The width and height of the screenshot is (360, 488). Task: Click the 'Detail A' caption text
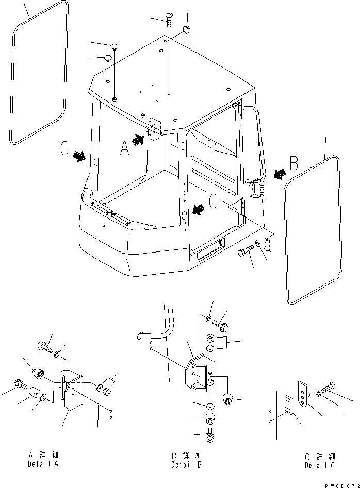[x=43, y=464]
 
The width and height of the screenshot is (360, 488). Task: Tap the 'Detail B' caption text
[x=186, y=465]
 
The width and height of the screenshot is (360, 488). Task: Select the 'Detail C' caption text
[x=320, y=466]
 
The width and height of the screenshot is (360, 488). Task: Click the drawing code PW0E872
[x=342, y=485]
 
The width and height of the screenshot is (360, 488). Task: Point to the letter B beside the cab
[x=294, y=163]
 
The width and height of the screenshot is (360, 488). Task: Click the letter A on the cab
[x=125, y=148]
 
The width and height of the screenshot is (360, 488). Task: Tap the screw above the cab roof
[x=169, y=19]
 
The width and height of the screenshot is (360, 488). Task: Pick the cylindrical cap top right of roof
[x=187, y=29]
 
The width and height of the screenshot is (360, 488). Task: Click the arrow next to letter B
[x=280, y=174]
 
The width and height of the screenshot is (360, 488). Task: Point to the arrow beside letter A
[x=138, y=140]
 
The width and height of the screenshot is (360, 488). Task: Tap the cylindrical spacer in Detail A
[x=34, y=393]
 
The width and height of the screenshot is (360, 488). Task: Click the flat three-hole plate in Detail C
[x=303, y=394]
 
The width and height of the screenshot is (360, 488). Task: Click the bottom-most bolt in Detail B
[x=210, y=436]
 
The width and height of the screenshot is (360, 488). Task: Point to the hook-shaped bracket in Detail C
[x=288, y=405]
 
